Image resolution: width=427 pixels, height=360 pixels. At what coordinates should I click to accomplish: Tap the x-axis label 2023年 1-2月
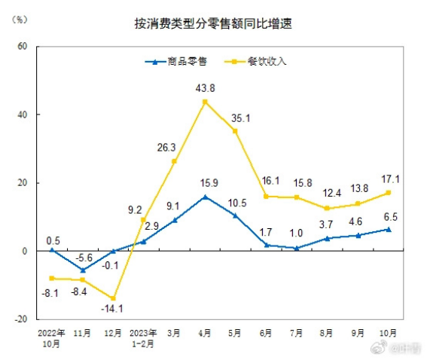coord(144,337)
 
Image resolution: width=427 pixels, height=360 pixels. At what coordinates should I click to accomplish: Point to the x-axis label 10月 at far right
coord(388,332)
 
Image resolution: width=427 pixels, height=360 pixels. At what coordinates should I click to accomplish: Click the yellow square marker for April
coord(205,102)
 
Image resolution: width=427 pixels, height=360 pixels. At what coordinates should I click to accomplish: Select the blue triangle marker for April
coord(205,197)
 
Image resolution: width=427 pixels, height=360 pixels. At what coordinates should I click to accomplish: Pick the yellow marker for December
coord(113,298)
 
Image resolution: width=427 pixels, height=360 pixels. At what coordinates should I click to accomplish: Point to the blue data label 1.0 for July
coord(296,234)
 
